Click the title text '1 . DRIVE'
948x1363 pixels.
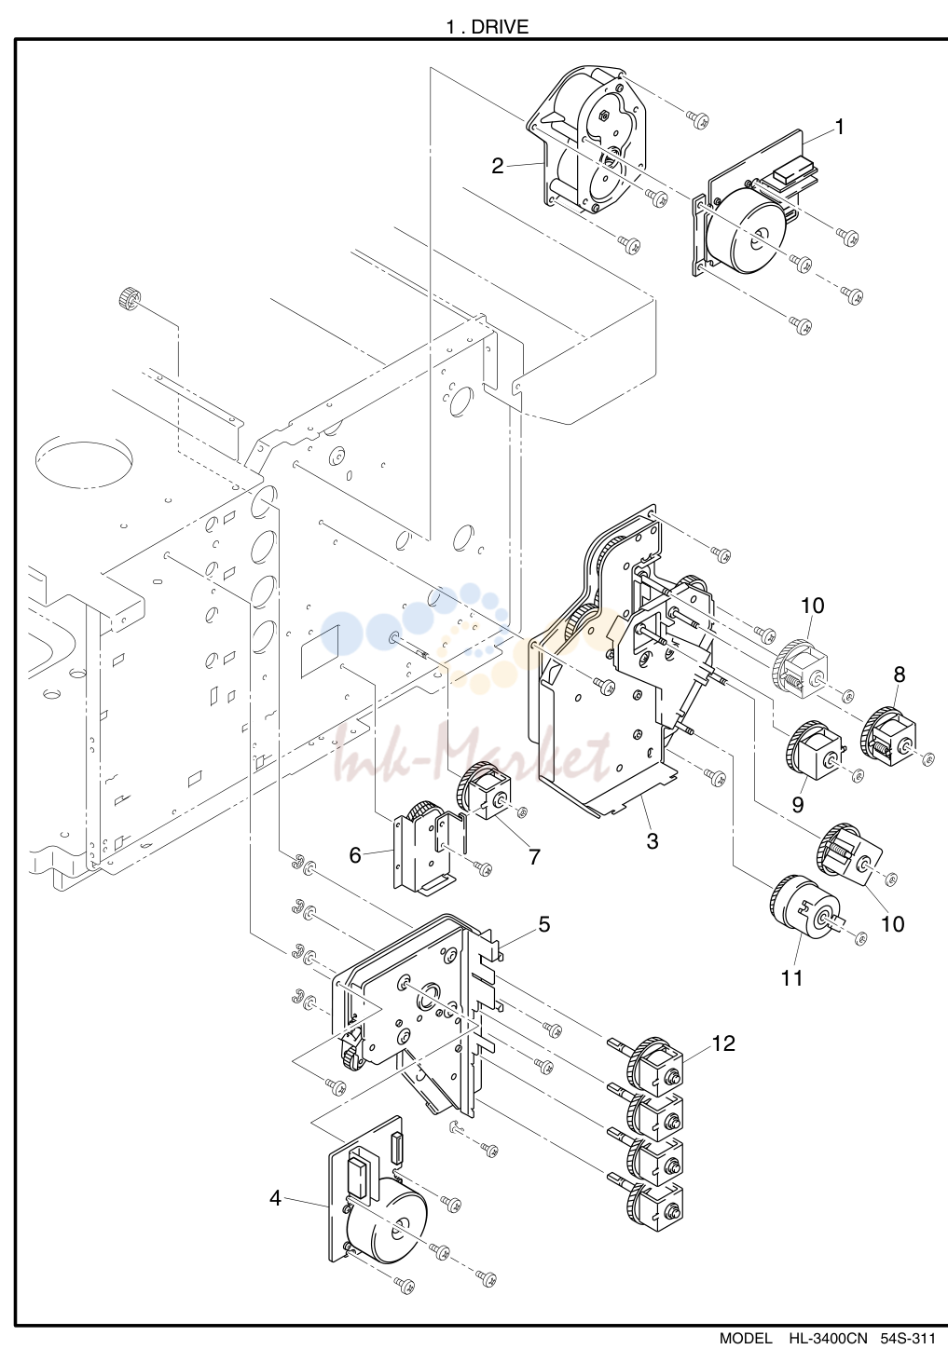(488, 26)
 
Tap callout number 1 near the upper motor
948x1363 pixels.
(840, 128)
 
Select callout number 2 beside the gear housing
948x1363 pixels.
(498, 166)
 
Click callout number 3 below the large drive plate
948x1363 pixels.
(653, 841)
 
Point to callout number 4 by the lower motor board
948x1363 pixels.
(275, 1198)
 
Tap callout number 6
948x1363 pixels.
(355, 855)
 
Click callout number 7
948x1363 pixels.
(534, 857)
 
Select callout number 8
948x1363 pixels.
(900, 675)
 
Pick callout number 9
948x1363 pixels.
(798, 804)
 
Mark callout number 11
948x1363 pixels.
(792, 978)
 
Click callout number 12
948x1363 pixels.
(723, 1043)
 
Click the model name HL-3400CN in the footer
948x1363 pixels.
(828, 1356)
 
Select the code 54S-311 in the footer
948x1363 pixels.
(907, 1356)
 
